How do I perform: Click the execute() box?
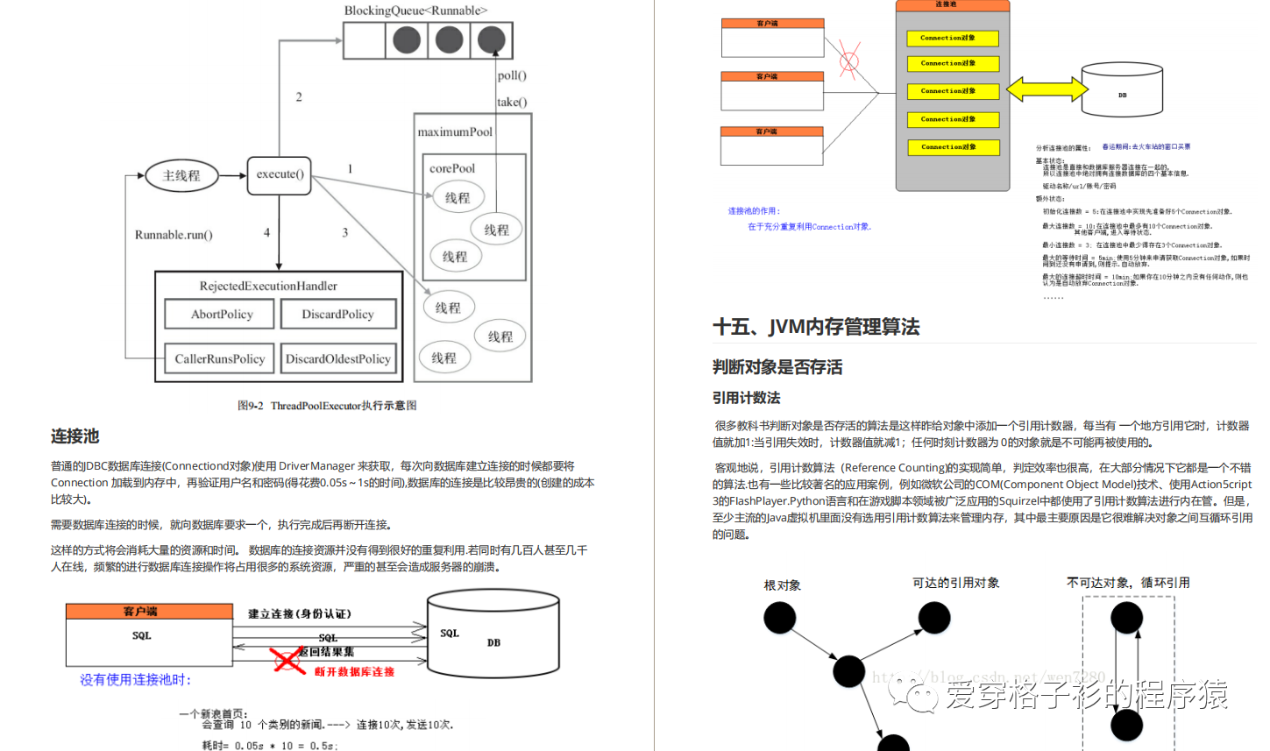click(280, 175)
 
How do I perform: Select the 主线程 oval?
click(181, 176)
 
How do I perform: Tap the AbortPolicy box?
click(222, 315)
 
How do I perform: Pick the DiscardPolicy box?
click(337, 315)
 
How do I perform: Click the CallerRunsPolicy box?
click(219, 359)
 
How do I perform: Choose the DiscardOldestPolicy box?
click(337, 359)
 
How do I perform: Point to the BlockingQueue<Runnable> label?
click(415, 11)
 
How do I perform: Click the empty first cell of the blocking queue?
click(365, 40)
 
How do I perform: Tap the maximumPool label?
click(455, 132)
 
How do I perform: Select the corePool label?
click(452, 168)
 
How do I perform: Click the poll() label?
click(512, 76)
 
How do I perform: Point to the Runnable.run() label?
click(174, 235)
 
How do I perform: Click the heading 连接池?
click(74, 436)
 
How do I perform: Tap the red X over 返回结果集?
click(287, 659)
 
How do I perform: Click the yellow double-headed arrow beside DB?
click(1047, 89)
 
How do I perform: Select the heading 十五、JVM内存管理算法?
click(816, 328)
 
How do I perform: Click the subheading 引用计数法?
click(746, 398)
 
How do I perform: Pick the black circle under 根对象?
click(779, 618)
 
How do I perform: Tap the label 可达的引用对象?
click(955, 583)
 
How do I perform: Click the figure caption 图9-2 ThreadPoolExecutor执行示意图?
click(327, 406)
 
